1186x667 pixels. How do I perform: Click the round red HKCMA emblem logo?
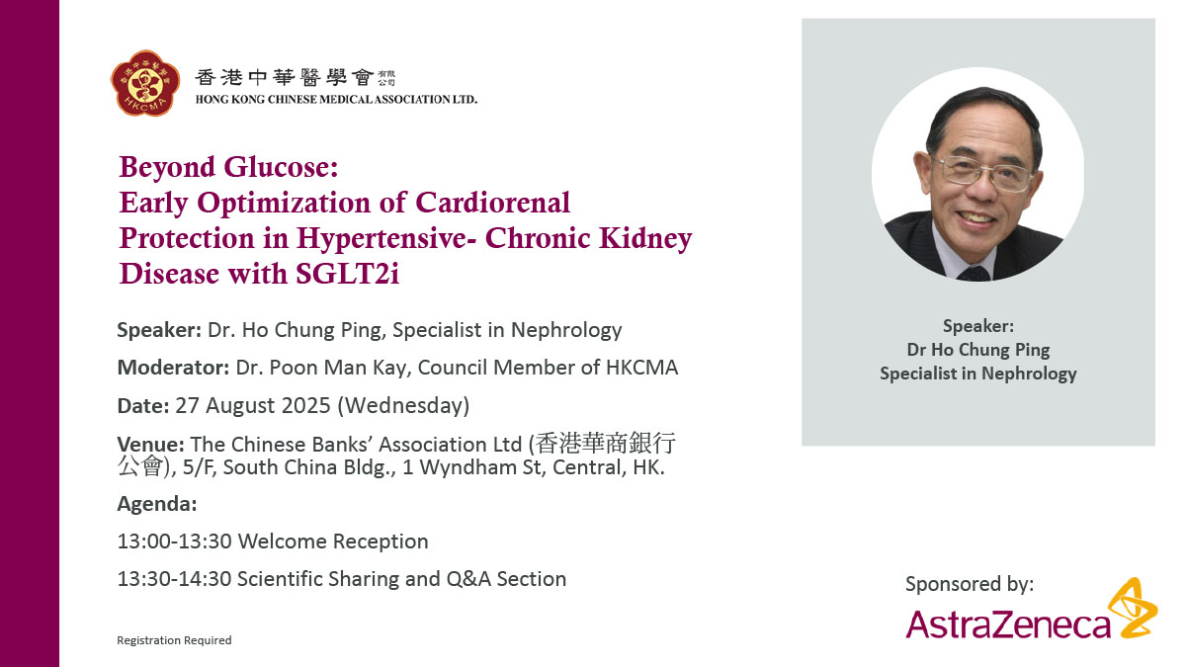click(145, 83)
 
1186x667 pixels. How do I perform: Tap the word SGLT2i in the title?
click(347, 274)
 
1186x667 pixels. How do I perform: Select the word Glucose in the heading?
click(281, 167)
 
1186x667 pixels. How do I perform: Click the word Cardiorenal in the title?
click(492, 203)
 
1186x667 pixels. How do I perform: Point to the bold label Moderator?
click(173, 368)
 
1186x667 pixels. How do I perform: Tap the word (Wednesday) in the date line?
click(403, 406)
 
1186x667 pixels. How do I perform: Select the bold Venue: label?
click(151, 444)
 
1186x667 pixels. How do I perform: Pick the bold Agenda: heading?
click(157, 504)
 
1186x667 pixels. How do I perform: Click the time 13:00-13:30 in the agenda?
click(174, 542)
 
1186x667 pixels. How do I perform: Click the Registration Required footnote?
click(174, 640)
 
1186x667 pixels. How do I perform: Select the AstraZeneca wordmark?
click(1008, 625)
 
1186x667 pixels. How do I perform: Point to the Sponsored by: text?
click(970, 584)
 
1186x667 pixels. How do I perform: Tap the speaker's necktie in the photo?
click(974, 274)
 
